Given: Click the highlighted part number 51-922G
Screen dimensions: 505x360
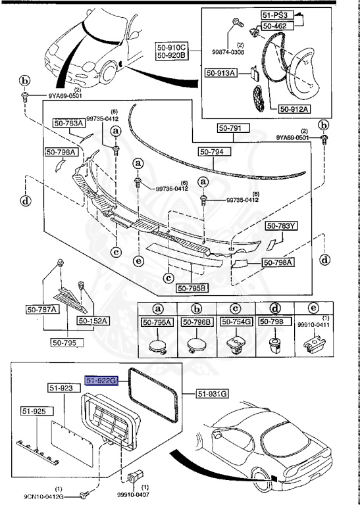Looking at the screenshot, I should [x=101, y=381].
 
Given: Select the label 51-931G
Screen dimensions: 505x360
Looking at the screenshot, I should [x=213, y=393].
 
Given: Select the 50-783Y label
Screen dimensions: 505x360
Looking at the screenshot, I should [x=281, y=226].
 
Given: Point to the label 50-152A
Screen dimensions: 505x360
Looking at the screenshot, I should [x=92, y=320].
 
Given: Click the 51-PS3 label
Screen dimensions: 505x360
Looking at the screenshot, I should [x=275, y=15].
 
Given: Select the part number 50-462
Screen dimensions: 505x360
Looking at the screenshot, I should [x=275, y=26].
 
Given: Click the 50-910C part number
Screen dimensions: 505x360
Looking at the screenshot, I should [x=171, y=47].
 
